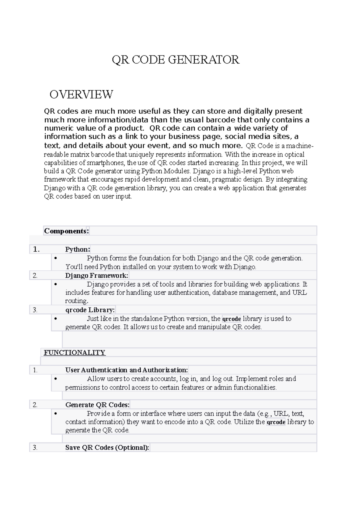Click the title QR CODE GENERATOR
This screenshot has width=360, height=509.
175,60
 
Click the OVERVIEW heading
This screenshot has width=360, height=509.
81,94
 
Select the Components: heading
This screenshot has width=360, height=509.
66,231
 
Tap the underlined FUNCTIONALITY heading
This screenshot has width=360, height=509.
74,353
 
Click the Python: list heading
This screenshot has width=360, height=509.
78,249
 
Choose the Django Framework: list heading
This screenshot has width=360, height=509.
97,275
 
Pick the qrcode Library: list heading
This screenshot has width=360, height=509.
90,310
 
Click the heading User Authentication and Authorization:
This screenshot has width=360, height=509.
127,370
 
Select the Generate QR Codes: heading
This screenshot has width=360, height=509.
97,405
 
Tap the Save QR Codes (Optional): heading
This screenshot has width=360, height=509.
107,448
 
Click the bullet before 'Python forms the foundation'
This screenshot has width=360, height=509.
55,258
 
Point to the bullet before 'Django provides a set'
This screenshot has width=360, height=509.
55,284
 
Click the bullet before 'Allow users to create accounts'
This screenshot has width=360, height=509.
55,379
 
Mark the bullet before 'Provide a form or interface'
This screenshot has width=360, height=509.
55,414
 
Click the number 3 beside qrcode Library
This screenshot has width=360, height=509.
35,310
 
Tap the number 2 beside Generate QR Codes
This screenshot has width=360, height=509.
35,405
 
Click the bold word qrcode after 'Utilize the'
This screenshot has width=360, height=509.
276,422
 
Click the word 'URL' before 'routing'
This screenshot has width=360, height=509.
299,293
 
